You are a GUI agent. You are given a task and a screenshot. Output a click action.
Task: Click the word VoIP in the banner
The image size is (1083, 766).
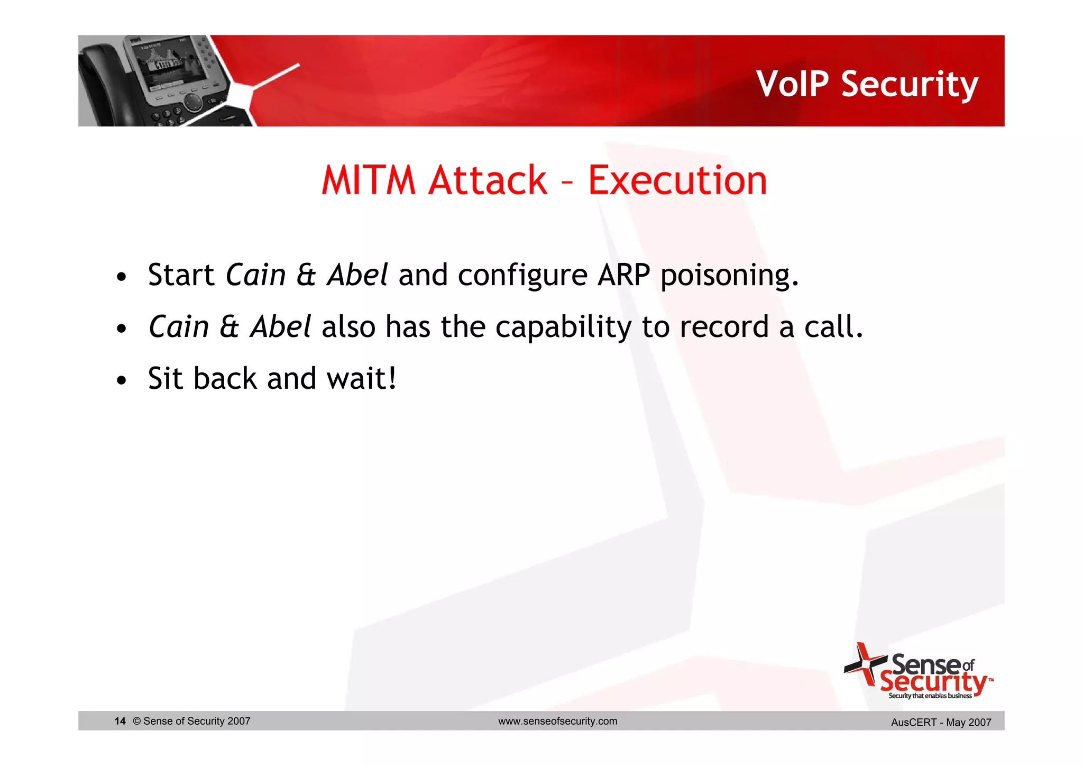[x=793, y=84]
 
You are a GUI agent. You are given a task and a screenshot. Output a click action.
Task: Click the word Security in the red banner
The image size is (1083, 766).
[x=910, y=84]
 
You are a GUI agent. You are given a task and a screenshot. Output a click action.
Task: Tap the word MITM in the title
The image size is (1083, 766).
[x=369, y=180]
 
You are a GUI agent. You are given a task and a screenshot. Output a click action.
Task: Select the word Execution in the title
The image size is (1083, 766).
[x=677, y=180]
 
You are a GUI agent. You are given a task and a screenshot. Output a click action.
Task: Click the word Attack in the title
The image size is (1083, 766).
[x=488, y=180]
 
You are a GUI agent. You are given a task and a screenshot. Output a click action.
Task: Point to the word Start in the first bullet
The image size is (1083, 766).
[x=181, y=275]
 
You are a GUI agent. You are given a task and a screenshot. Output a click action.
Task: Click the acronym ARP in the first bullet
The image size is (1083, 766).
[x=623, y=275]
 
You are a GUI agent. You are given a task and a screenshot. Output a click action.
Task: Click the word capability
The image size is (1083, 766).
[x=563, y=327]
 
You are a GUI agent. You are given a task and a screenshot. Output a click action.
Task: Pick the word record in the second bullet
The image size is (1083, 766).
[x=724, y=326]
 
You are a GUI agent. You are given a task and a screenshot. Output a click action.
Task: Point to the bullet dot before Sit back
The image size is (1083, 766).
[x=122, y=380]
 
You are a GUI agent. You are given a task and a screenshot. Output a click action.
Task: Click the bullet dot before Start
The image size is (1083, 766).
[x=122, y=277]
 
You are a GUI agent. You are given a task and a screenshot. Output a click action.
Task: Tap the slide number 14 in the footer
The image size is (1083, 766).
[x=120, y=721]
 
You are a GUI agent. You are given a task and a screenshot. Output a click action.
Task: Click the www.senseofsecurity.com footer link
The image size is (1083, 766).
[x=557, y=721]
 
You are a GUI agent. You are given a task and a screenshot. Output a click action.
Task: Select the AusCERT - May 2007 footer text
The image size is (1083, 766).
[x=941, y=722]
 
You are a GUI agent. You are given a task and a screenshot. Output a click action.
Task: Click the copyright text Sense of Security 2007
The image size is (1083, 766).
[x=191, y=721]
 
